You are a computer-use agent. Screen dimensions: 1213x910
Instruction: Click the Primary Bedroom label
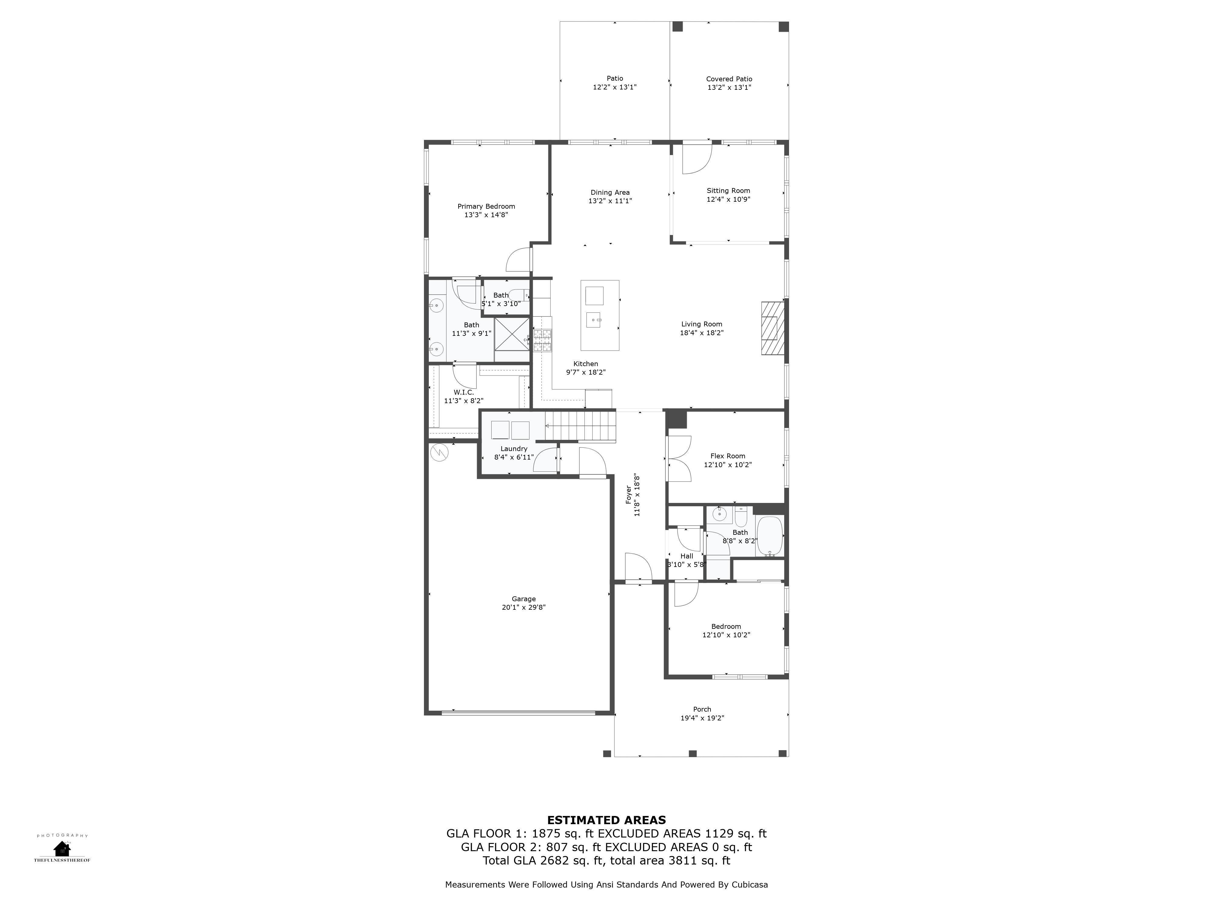click(486, 206)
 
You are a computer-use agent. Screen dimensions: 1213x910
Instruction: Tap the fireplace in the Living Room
click(773, 328)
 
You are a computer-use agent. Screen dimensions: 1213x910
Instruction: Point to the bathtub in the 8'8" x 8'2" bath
click(770, 537)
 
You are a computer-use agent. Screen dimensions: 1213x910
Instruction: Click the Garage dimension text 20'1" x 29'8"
click(524, 607)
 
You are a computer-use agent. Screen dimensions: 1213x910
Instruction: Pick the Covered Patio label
click(729, 79)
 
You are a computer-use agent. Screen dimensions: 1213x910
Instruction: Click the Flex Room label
click(728, 456)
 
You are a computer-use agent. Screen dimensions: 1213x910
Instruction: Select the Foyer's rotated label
click(628, 495)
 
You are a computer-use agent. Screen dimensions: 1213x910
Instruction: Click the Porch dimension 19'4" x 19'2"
click(702, 718)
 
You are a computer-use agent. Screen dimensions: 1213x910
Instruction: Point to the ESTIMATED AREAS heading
click(606, 820)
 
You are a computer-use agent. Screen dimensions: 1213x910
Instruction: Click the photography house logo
click(62, 848)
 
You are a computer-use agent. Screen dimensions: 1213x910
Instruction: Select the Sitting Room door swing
click(697, 159)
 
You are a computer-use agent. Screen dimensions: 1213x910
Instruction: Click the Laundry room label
click(514, 449)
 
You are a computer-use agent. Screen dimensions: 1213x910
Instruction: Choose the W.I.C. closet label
click(464, 392)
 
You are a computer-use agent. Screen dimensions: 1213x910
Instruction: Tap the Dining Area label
click(610, 193)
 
